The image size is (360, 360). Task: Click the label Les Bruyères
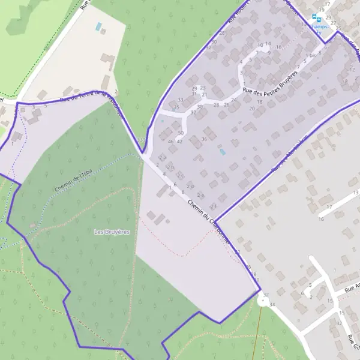click(x=112, y=231)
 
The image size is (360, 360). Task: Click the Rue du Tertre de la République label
click(x=90, y=98)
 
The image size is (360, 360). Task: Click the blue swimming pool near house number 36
click(x=223, y=152)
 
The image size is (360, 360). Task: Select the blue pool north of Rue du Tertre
click(x=98, y=27)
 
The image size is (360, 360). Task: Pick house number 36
click(x=204, y=139)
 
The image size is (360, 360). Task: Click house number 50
click(x=181, y=133)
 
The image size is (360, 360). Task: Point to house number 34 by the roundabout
click(x=272, y=305)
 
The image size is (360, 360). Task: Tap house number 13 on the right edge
click(x=356, y=192)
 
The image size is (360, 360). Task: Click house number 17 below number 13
click(x=329, y=207)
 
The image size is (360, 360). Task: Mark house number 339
click(x=141, y=140)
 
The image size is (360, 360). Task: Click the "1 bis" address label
click(x=310, y=56)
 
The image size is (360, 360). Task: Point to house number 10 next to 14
click(x=260, y=45)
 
